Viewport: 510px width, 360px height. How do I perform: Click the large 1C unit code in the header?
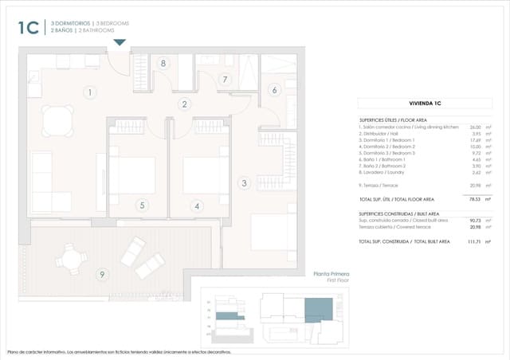tap(28, 27)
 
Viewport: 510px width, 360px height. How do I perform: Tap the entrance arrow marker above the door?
tap(120, 43)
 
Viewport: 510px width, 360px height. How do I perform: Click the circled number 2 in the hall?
tap(184, 104)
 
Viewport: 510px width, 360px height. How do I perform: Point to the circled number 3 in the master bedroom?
tap(244, 182)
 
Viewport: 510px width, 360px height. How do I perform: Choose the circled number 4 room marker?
tap(196, 205)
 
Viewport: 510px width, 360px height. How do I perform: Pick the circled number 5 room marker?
tap(143, 205)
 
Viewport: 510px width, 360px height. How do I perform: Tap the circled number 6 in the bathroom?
tap(274, 90)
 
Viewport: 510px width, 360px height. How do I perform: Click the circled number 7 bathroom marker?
tap(226, 79)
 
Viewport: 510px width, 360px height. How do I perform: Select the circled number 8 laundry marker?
tap(163, 63)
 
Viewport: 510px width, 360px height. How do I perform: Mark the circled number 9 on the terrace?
tap(102, 275)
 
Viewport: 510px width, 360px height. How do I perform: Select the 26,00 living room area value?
tap(475, 127)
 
